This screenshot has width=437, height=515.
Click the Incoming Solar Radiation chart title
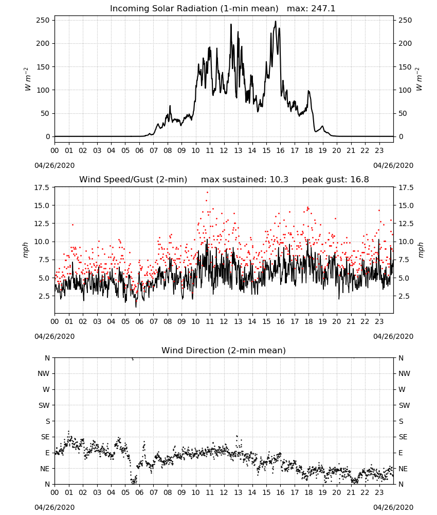[194, 9]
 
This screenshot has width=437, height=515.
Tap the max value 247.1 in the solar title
[323, 9]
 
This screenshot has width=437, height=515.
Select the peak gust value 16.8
[359, 180]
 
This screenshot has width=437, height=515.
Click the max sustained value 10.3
[279, 180]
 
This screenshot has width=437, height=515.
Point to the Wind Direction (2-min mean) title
[224, 350]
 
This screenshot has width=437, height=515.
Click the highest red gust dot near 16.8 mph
[207, 192]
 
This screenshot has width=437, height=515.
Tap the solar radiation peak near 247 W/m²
[276, 21]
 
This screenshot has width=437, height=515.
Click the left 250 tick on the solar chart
[43, 21]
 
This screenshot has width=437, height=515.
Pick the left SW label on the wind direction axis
[44, 405]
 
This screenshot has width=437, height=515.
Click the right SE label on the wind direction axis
[403, 437]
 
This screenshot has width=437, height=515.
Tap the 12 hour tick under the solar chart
[224, 150]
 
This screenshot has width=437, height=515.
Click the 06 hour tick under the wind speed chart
[139, 321]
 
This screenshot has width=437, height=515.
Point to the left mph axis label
[26, 250]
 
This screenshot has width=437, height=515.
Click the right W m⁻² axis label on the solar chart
[419, 79]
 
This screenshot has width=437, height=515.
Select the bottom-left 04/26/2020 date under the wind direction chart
[54, 507]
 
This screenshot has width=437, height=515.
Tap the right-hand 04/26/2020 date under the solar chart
[393, 165]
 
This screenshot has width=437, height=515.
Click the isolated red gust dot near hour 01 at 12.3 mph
[73, 225]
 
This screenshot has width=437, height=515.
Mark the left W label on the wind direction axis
[46, 389]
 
